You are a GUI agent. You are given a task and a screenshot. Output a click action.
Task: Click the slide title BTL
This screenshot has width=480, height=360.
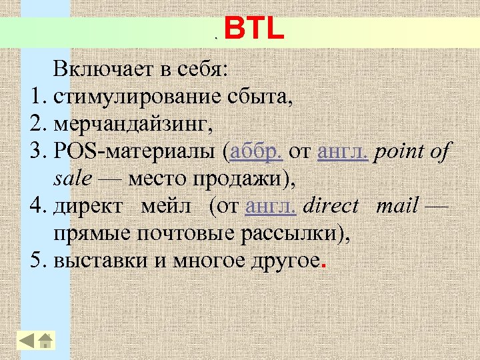pyautogui.click(x=254, y=30)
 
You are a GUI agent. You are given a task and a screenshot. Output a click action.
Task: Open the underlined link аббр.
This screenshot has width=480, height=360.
pyautogui.click(x=256, y=153)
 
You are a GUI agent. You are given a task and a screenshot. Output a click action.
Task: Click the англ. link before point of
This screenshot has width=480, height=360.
pyautogui.click(x=343, y=153)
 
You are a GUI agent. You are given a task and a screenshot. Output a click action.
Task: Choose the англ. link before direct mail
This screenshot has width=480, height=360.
pyautogui.click(x=271, y=207)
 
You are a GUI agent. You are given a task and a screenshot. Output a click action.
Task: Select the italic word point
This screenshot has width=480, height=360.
pyautogui.click(x=399, y=153)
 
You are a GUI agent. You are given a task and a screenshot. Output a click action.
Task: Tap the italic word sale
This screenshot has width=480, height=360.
pyautogui.click(x=70, y=180)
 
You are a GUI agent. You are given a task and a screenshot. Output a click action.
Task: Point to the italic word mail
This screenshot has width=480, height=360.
pyautogui.click(x=397, y=207)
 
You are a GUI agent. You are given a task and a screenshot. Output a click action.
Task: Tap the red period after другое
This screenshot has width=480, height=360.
pyautogui.click(x=324, y=264)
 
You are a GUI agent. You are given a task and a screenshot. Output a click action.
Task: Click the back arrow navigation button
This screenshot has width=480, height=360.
pyautogui.click(x=27, y=341)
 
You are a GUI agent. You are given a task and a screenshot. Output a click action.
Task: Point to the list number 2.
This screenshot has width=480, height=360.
pyautogui.click(x=37, y=125)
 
